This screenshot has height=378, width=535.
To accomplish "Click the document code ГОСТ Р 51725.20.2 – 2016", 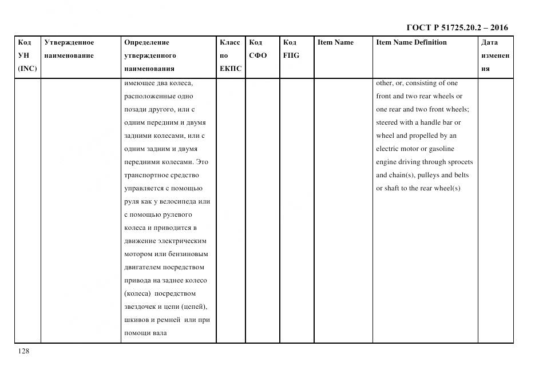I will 457,27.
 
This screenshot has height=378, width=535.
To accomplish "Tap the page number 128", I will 24,351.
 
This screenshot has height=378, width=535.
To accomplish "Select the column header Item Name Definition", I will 411,42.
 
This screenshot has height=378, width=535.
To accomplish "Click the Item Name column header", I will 335,42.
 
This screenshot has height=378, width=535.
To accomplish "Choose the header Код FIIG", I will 291,49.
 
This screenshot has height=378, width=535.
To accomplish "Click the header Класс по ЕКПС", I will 230,55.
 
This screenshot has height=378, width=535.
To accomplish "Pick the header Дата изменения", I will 495,55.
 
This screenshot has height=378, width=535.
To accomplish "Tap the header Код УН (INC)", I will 26,55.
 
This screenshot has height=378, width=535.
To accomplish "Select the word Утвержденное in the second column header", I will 69,42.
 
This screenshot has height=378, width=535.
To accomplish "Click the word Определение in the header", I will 146,42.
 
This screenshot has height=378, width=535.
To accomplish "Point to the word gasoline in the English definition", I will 441,149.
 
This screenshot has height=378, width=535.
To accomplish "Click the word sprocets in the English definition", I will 460,162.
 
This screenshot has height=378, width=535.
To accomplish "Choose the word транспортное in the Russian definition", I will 144,175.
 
